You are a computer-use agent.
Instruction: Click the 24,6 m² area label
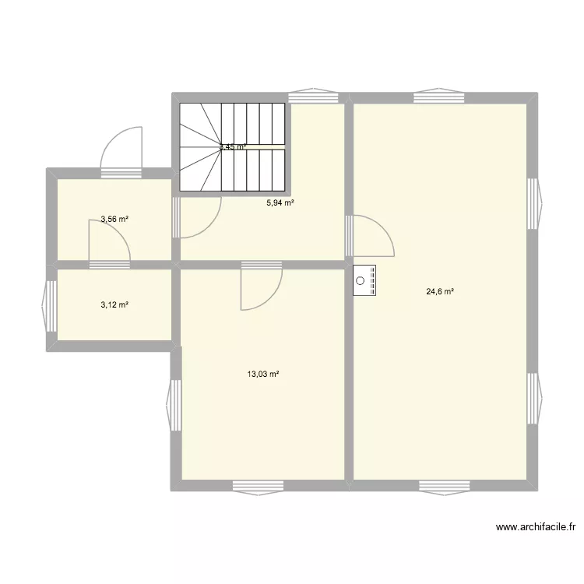click(439, 292)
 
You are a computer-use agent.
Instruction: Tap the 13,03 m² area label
click(263, 375)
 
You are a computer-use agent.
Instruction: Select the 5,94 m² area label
click(280, 202)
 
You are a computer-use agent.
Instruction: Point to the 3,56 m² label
click(114, 220)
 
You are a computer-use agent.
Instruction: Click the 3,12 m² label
click(114, 304)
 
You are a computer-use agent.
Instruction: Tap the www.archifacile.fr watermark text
click(536, 527)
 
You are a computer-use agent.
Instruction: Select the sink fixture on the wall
click(365, 280)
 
